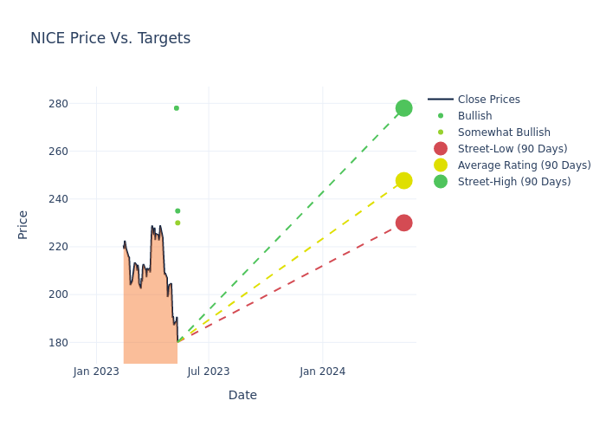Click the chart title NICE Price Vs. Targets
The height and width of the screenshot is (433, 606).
(x=110, y=38)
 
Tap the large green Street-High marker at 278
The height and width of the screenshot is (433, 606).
(x=403, y=108)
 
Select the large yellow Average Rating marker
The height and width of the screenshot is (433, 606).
(x=403, y=181)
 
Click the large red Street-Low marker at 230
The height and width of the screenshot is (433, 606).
(x=403, y=223)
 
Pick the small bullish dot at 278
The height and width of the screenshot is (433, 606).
(x=177, y=108)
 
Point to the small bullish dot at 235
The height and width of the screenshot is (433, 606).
(x=177, y=210)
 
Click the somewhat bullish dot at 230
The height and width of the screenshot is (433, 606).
(x=177, y=223)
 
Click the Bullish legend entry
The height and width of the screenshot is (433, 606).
(x=474, y=116)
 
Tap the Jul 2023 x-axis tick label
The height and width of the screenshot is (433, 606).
(x=209, y=372)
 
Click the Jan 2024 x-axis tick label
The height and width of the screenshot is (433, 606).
(x=322, y=372)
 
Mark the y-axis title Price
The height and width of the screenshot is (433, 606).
(x=23, y=224)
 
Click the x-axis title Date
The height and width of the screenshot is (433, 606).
(x=242, y=396)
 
